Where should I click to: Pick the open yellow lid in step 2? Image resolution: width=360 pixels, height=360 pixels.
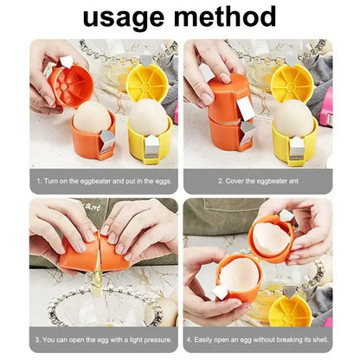coord(292,81)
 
